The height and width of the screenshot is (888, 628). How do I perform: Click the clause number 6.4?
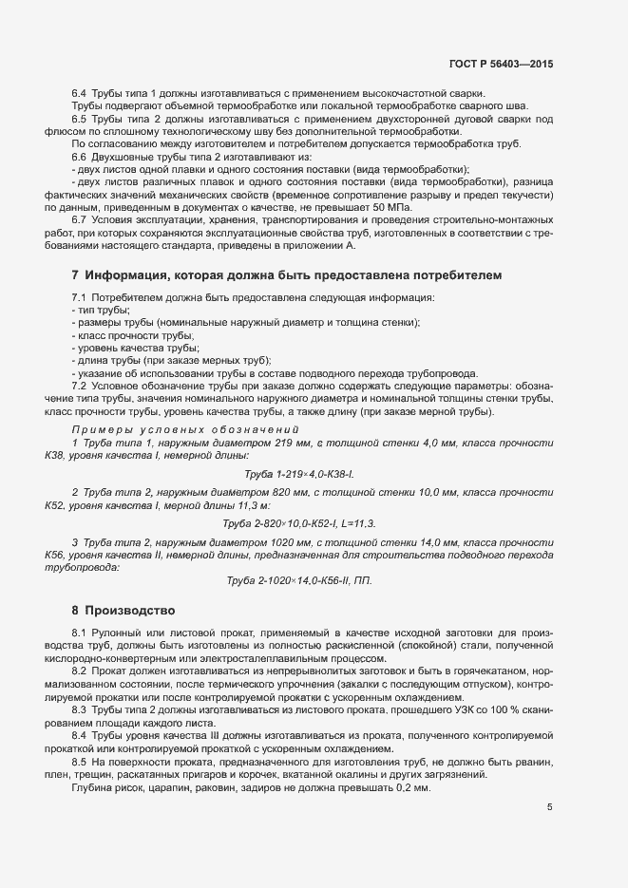(x=80, y=92)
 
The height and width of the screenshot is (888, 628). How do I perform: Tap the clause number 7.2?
(x=80, y=385)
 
